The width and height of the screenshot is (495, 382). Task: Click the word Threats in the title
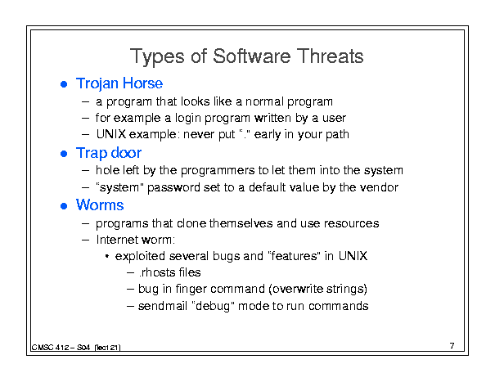point(330,56)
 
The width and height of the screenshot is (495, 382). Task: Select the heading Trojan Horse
point(119,84)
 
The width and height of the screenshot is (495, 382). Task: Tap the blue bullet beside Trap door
point(64,154)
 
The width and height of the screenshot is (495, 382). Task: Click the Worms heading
point(100,205)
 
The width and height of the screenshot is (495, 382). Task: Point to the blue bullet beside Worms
point(64,206)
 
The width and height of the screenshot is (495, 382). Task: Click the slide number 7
point(452,346)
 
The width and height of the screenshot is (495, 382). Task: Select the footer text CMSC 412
point(50,348)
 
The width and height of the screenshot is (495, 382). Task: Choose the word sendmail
point(163,306)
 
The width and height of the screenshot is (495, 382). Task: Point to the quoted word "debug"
point(213,306)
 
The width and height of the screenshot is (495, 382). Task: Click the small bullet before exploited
point(107,257)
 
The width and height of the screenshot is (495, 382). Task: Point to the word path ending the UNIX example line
point(337,135)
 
